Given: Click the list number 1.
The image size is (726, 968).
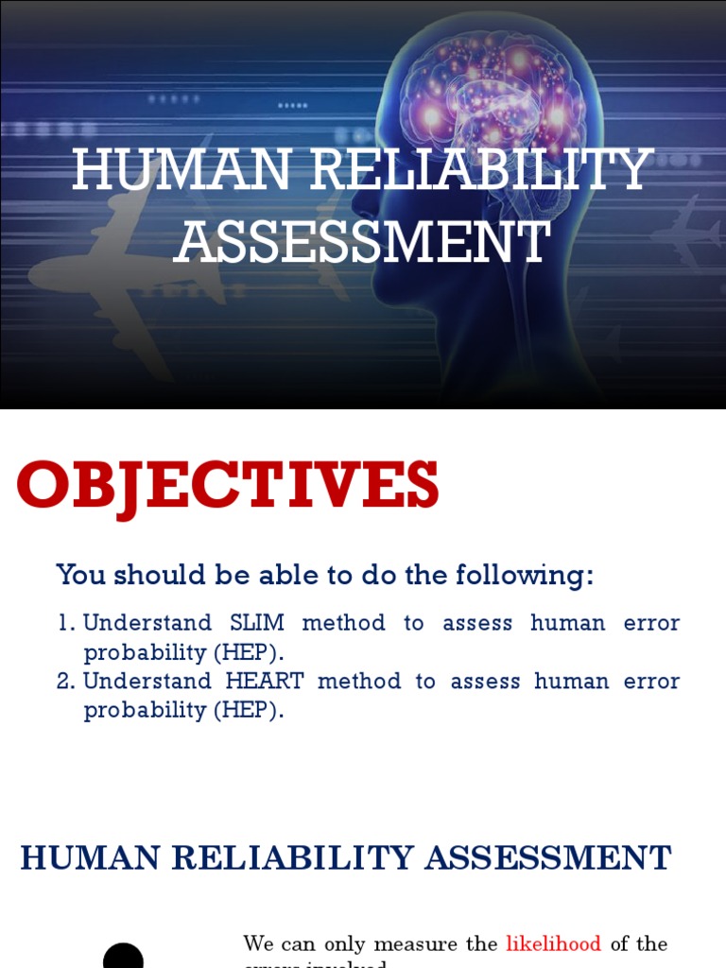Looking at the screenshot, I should coord(64,624).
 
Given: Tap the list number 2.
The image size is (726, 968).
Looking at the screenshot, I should coord(64,682).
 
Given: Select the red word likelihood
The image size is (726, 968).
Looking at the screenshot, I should coord(553,943).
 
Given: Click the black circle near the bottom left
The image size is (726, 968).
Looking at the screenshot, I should coord(123,957).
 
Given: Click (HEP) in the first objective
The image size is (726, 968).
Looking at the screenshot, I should coord(247,652).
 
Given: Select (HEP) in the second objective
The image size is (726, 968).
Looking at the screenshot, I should coord(247,711).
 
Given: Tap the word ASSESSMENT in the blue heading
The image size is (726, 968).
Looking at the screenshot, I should coord(547,858).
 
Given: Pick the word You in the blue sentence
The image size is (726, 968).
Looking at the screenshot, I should coord(78,575).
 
